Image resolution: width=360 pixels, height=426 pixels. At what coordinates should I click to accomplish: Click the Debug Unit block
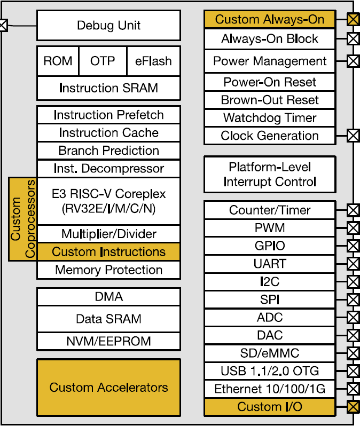click(109, 26)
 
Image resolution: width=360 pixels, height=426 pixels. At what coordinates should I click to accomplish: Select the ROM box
click(58, 61)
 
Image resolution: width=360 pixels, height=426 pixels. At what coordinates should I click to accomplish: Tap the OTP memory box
click(103, 61)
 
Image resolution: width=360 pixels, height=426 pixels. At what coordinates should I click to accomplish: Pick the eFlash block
click(153, 61)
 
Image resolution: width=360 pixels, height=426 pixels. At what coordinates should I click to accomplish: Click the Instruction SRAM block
click(109, 88)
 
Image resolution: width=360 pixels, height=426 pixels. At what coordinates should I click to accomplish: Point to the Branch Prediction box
click(109, 151)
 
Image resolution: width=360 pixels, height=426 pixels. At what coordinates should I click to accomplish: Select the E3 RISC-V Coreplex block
click(109, 201)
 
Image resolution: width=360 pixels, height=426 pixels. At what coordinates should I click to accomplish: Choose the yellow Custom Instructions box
click(109, 252)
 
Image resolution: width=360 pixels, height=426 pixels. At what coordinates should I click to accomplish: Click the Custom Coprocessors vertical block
click(22, 219)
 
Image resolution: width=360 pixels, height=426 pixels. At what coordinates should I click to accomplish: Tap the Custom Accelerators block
click(109, 388)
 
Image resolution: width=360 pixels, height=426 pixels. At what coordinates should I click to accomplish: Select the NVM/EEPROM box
click(109, 341)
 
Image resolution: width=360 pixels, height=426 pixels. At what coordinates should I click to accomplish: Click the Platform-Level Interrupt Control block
click(270, 175)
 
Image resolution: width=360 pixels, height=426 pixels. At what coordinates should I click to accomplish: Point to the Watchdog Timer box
click(270, 118)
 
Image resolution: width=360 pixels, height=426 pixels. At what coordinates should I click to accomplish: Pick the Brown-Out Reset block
click(270, 100)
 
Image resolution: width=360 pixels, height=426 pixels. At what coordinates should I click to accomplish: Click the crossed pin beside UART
click(353, 264)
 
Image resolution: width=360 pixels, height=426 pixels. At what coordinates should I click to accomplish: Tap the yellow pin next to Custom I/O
click(353, 407)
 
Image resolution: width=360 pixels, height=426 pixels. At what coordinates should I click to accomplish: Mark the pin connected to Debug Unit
click(3, 25)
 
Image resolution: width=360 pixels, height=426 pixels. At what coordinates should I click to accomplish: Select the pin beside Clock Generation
click(353, 136)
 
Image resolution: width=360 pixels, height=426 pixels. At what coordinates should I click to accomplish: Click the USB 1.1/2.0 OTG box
click(270, 371)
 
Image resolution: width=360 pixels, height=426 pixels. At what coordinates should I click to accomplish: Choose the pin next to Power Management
click(353, 61)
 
